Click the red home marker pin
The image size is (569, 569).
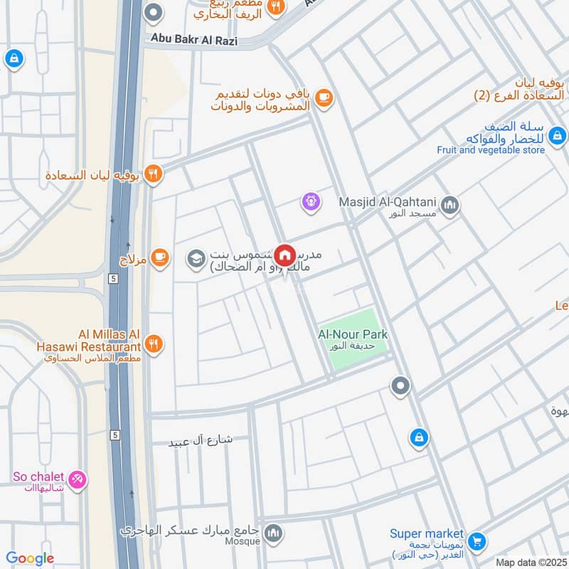point(284,255)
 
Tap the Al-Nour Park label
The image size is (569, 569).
point(353,334)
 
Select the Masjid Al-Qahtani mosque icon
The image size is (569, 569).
point(450,206)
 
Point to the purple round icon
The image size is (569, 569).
point(310,203)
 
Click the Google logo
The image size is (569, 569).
point(30,558)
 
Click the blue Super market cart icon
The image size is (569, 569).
point(477,541)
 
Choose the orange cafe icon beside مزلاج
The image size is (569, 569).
point(160,258)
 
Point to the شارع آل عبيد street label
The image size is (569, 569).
point(201,440)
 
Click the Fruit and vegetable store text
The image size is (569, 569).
point(491,150)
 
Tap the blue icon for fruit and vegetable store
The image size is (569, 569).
point(558,134)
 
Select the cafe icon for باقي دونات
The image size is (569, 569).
point(324,98)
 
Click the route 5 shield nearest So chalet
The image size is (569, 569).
point(113,433)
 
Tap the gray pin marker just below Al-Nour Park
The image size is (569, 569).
point(400,386)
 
